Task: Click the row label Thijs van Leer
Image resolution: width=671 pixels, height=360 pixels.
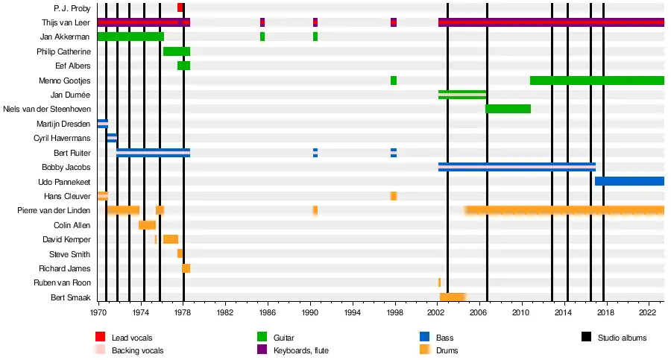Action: [x=67, y=22]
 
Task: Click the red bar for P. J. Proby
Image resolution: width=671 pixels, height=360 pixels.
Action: [x=180, y=7]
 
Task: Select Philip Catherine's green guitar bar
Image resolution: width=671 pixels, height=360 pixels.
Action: [x=177, y=51]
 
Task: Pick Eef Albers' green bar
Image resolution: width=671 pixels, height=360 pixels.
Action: [x=183, y=66]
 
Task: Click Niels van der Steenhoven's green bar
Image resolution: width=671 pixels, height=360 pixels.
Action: [x=508, y=109]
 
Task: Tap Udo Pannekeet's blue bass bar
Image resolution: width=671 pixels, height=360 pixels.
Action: [x=629, y=181]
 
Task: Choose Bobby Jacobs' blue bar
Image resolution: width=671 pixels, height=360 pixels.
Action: [x=517, y=167]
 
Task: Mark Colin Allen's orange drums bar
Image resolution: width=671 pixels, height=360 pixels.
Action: [x=147, y=225]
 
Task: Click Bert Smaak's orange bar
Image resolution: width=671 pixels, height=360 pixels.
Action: [x=453, y=297]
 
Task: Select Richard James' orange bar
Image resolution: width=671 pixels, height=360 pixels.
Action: [x=186, y=268]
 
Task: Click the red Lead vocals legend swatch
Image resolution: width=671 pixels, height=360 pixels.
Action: [x=101, y=338]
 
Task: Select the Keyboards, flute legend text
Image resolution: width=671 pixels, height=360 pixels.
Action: [x=301, y=350]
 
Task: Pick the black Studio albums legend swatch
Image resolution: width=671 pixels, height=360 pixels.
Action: [x=585, y=338]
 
